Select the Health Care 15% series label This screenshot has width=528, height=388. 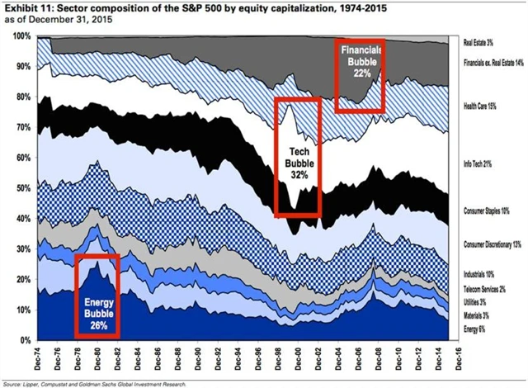(483, 106)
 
